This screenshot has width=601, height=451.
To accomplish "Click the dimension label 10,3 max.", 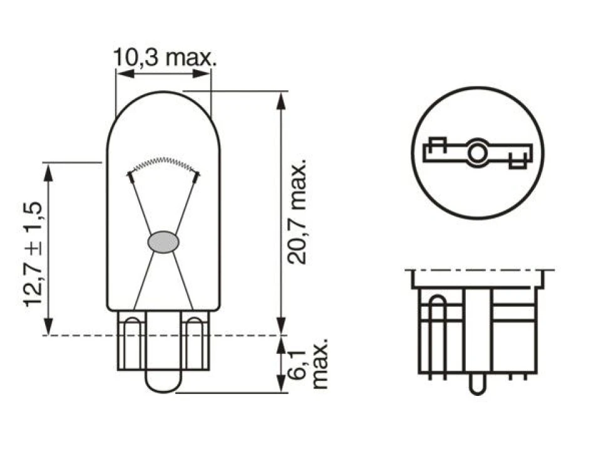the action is coord(165,58).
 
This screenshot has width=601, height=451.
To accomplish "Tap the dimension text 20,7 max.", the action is coord(297,211).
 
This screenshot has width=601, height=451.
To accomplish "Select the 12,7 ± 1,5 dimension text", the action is coord(33,254).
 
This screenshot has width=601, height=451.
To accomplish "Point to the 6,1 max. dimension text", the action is coord(307,363).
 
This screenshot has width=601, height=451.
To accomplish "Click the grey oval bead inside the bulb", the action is coord(163,242).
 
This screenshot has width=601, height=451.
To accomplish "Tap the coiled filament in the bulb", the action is coord(163,163).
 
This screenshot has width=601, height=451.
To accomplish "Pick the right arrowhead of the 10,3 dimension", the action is coord(202,73).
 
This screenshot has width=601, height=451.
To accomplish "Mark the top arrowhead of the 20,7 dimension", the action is coord(281,100).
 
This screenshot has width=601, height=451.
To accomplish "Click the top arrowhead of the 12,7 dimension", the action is coord(48,172).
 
